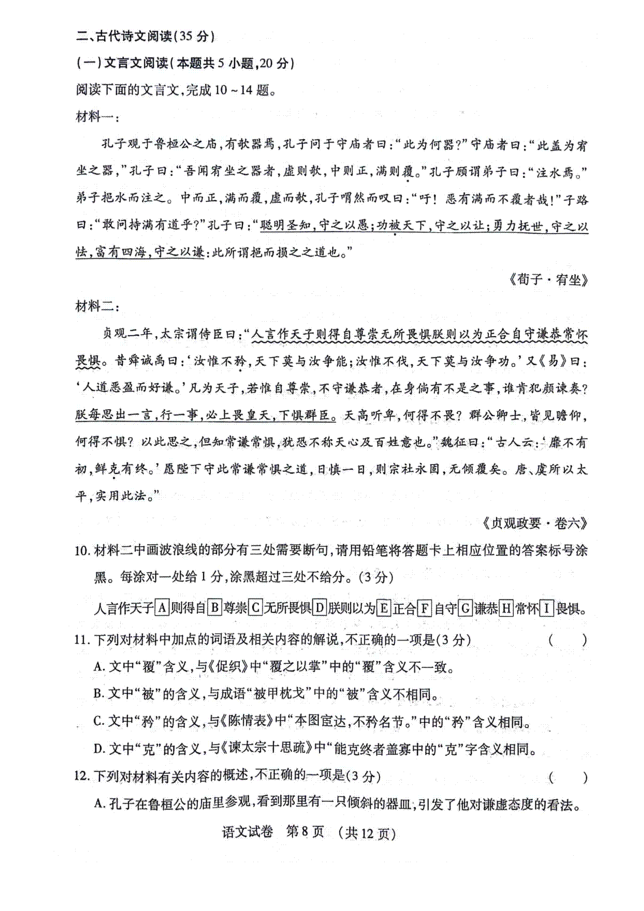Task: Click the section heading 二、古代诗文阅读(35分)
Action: (x=145, y=36)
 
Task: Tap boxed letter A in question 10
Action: (x=162, y=608)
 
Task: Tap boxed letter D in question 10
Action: (x=319, y=608)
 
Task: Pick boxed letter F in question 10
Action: (x=424, y=608)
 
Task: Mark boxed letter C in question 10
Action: (x=255, y=608)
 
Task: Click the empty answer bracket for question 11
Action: (x=568, y=640)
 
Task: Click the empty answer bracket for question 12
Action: (x=568, y=777)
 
